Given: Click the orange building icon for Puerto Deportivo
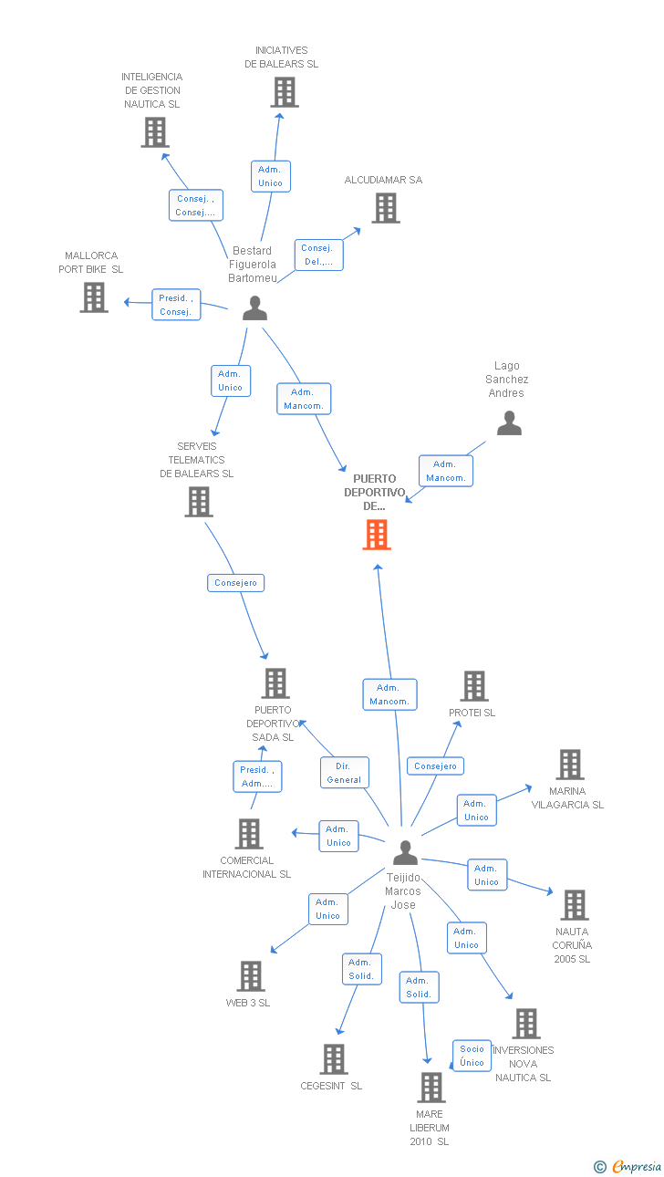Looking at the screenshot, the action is coord(377,535).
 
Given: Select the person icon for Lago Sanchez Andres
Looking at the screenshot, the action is coord(509,423).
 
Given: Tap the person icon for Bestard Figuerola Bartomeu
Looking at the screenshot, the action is coord(254,308).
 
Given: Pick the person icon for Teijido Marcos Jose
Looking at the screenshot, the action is coord(405,852).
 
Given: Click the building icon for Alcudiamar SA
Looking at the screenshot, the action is coord(386,208).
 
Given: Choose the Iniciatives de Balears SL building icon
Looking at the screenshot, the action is coord(285,92).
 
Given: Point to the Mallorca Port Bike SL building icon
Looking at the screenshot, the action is coord(94,297).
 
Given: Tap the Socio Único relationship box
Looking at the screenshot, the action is coord(472,1056).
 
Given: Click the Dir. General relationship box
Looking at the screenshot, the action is coord(344,773).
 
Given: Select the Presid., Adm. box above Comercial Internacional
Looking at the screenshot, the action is coord(257,776).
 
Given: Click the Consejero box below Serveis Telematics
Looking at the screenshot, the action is coord(235,582).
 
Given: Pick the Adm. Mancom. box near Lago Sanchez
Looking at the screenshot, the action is coord(446,471).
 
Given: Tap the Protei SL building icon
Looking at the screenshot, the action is coord(474,686).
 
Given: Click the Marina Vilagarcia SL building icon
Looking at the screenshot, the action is coord(570,765).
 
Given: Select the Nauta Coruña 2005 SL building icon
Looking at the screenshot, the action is coord(574,905).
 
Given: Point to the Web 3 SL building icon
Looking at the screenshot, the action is coord(251,976).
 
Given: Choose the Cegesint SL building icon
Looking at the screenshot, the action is coord(334,1059).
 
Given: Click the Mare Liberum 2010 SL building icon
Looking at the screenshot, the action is coord(431,1088).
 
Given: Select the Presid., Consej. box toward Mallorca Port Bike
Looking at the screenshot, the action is coord(176,305).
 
